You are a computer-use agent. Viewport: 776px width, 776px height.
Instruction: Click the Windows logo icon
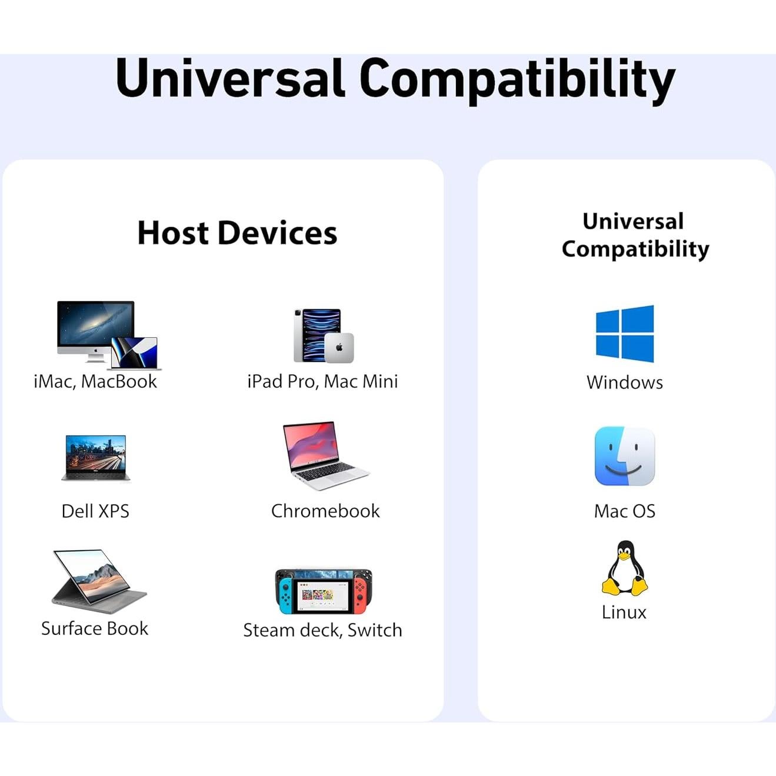click(624, 334)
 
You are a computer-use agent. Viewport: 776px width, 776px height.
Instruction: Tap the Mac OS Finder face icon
click(624, 457)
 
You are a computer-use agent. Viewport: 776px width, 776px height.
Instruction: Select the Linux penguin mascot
click(624, 568)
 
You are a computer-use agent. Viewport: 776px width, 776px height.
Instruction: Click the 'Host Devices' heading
click(237, 233)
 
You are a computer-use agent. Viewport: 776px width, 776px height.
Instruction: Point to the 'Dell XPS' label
click(95, 511)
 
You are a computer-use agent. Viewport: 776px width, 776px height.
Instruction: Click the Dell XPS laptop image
click(95, 458)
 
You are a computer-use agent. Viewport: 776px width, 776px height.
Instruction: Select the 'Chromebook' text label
click(325, 511)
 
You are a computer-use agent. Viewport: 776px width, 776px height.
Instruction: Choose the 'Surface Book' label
click(95, 628)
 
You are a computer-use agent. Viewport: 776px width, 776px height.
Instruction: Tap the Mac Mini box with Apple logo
click(339, 348)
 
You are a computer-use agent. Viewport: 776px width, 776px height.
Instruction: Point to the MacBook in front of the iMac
click(136, 354)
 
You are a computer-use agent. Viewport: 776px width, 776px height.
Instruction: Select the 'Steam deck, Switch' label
click(322, 630)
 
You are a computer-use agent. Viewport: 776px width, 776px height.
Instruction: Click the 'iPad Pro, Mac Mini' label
click(322, 381)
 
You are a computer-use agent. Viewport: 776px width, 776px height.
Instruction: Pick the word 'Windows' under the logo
click(624, 382)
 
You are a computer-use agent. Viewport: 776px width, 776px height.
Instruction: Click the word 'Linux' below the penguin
click(624, 612)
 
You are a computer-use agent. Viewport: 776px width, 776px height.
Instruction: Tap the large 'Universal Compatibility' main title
click(395, 79)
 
